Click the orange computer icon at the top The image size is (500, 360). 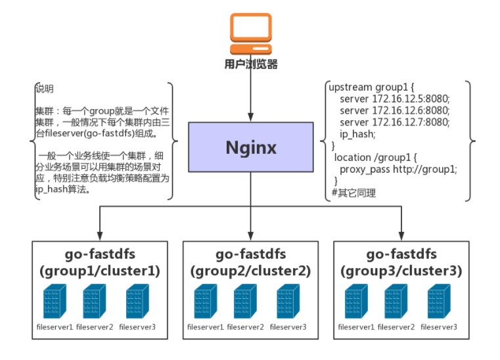point(250,33)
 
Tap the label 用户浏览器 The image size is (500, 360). point(250,64)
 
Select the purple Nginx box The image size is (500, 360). point(250,146)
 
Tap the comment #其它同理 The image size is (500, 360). point(354,193)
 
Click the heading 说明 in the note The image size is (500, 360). point(44,89)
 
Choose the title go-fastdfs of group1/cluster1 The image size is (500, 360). point(99,255)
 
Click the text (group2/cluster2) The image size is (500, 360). point(250,271)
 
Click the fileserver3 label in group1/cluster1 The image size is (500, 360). point(137,326)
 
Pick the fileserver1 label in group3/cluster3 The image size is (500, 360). point(356,326)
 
